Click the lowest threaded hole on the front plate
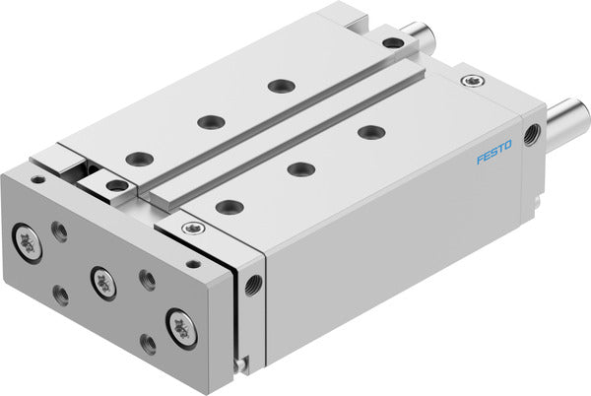point(148,343)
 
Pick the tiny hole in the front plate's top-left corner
point(36,179)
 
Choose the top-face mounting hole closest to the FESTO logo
point(370,132)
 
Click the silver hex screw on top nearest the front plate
point(190,230)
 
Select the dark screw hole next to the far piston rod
point(393,42)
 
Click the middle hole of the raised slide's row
point(210,122)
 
